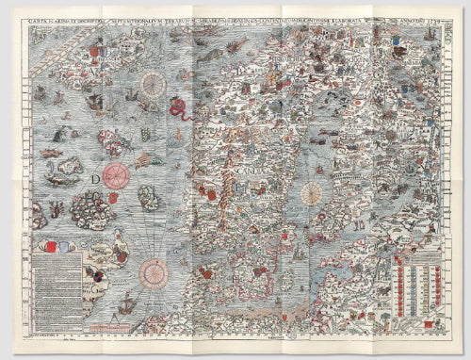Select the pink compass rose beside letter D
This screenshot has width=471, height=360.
pyautogui.click(x=117, y=175)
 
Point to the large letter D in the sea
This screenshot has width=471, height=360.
pyautogui.click(x=96, y=177)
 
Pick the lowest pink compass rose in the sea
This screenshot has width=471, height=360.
pyautogui.click(x=154, y=272)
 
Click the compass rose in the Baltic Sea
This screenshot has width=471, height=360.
pyautogui.click(x=312, y=194)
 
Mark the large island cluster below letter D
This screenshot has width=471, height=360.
pyautogui.click(x=94, y=206)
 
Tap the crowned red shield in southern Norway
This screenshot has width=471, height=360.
pyautogui.click(x=210, y=194)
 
